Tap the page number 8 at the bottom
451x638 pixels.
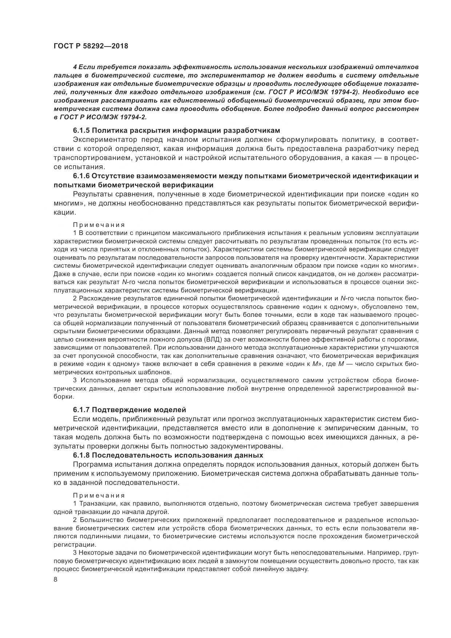click(x=55, y=579)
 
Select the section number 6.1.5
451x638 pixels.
click(x=81, y=130)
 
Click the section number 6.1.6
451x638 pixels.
click(x=81, y=176)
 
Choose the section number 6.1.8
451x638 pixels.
click(x=81, y=455)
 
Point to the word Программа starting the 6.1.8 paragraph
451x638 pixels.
click(x=92, y=464)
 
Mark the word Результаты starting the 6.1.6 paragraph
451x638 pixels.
click(x=93, y=194)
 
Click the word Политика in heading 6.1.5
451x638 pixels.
click(x=108, y=130)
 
